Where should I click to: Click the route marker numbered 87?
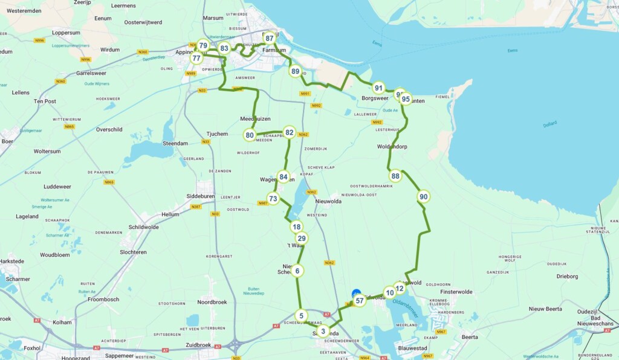270,38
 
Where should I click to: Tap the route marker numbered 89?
295,71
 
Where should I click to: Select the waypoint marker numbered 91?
378,88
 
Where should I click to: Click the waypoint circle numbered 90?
423,196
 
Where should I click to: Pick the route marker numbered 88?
395,176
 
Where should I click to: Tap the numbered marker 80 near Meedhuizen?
250,135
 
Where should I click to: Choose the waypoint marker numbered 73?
273,199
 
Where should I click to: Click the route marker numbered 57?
359,300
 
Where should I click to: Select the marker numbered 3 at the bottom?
323,331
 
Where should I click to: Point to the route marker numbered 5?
301,315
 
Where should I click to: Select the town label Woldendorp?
392,146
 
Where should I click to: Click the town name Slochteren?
133,252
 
